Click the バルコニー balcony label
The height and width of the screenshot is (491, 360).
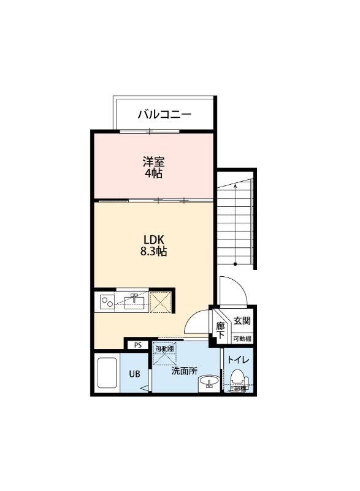pos(164,114)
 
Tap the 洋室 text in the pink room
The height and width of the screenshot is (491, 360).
pos(153,163)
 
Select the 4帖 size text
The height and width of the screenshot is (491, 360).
pos(153,174)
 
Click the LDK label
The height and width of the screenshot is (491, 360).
pos(154,239)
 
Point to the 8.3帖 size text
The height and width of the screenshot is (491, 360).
pos(154,251)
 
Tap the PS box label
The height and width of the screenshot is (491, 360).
pos(138,345)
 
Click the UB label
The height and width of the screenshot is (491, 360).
pos(134,374)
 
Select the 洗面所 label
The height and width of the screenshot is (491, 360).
pos(183,371)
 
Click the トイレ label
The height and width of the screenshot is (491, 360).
pos(238,360)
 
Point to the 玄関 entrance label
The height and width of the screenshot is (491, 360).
pos(242,320)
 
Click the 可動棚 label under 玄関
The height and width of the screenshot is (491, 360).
pos(242,339)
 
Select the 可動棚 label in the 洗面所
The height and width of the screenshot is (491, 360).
pos(164,349)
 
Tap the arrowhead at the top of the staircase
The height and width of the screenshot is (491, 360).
pos(236,183)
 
